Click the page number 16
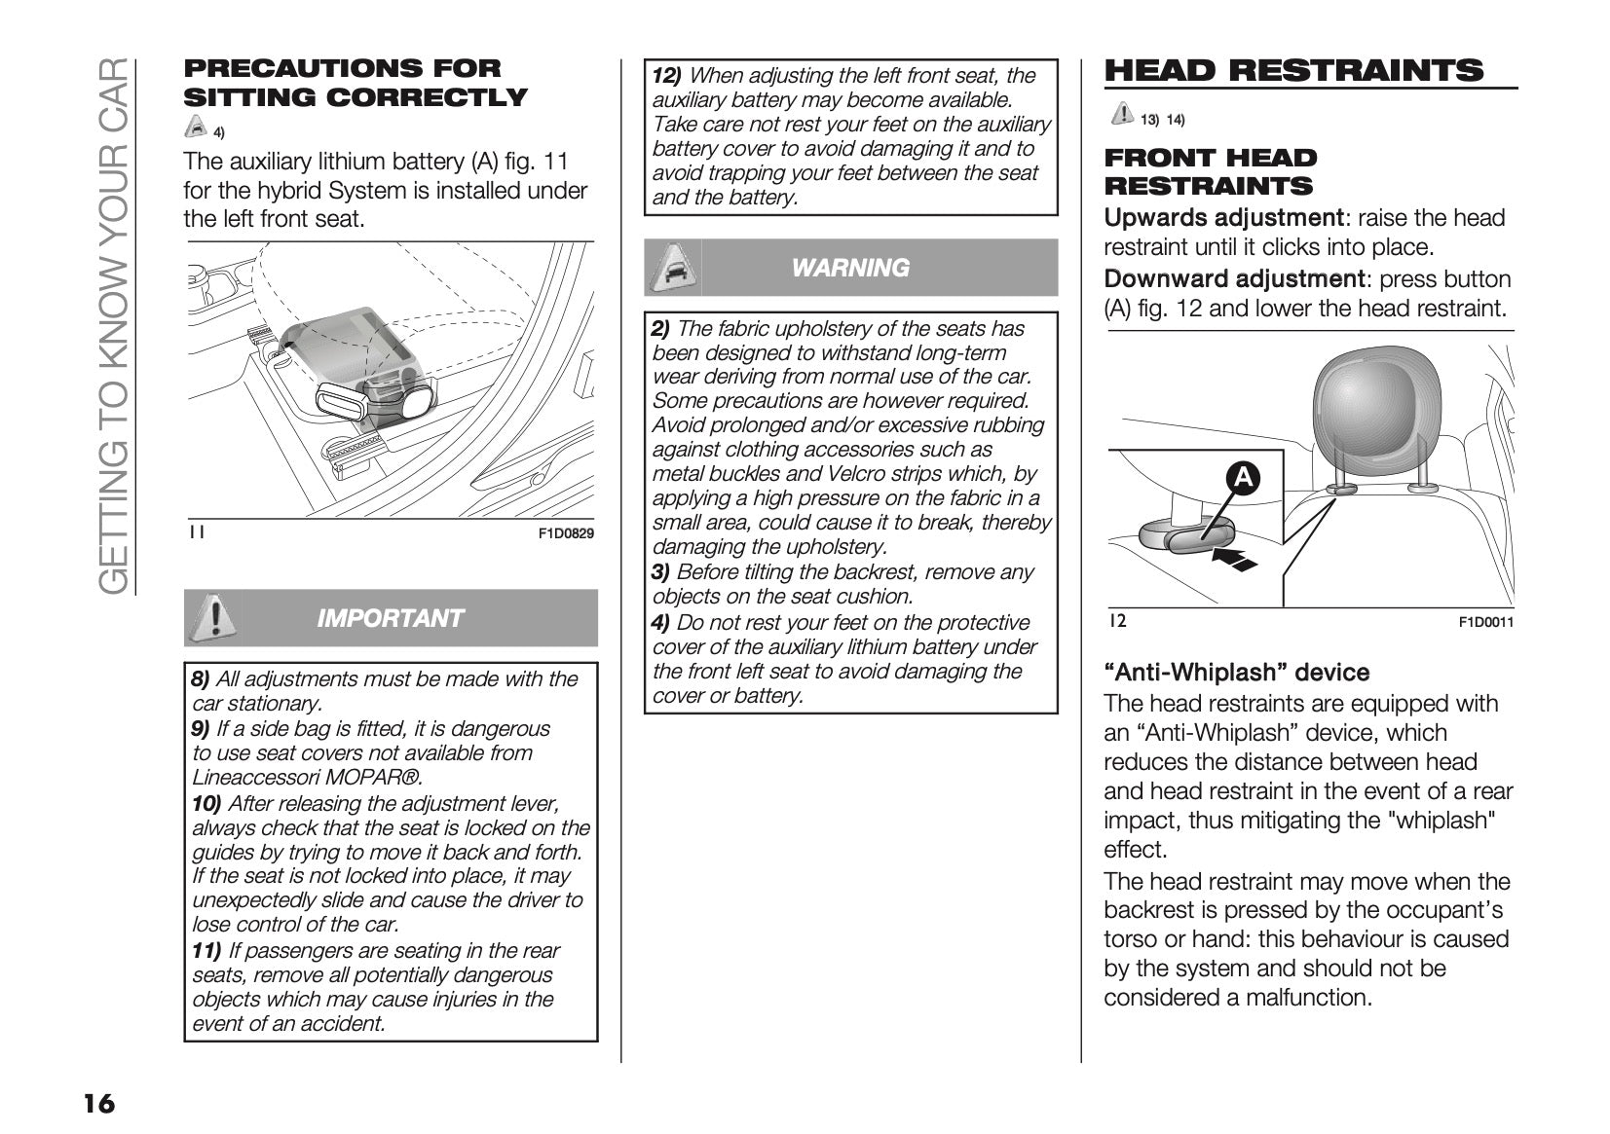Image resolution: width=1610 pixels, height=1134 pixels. [x=98, y=1103]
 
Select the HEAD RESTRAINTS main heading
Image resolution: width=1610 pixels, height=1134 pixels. [x=1293, y=71]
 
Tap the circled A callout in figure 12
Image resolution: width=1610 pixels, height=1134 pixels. [x=1243, y=477]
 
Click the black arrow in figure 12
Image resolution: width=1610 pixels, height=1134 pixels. [x=1234, y=560]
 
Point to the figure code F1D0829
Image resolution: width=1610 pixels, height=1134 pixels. [x=566, y=533]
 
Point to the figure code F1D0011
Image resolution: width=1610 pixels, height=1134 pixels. [x=1485, y=623]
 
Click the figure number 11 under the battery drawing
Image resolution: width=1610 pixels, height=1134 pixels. [x=197, y=531]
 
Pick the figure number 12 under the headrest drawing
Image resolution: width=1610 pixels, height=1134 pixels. [x=1117, y=621]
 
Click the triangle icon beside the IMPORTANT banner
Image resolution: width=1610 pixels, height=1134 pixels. [x=213, y=618]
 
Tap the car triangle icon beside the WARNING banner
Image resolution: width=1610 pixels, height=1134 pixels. [x=673, y=267]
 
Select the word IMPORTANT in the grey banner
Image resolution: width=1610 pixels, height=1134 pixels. [x=390, y=618]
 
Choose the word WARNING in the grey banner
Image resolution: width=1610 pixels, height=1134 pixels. [x=850, y=268]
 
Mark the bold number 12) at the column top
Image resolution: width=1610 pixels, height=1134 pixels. [x=667, y=76]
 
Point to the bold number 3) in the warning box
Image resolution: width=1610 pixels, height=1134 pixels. [x=660, y=572]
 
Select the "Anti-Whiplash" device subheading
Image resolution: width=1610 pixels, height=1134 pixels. [x=1237, y=673]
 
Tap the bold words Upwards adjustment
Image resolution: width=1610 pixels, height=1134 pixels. [x=1223, y=218]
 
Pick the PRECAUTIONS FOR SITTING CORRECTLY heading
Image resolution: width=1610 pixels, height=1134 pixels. [x=356, y=83]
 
